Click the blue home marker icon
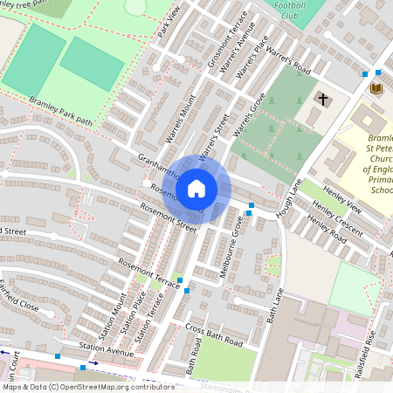[x=196, y=189]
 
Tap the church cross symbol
[x=322, y=100]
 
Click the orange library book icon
[x=376, y=89]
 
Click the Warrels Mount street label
[x=180, y=124]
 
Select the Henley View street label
[x=341, y=198]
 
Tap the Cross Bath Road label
[x=213, y=334]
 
